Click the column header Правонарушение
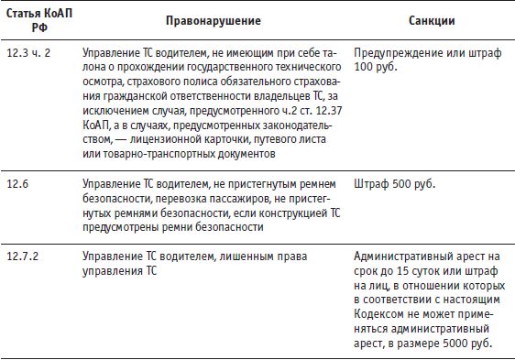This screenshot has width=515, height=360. (213, 20)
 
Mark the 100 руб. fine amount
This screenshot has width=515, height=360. (373, 69)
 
